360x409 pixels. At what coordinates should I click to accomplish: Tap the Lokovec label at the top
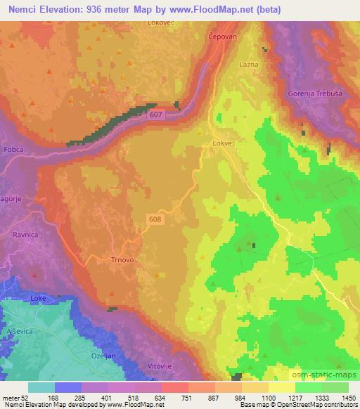click(160, 22)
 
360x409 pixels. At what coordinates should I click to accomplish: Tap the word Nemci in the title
click(19, 9)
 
